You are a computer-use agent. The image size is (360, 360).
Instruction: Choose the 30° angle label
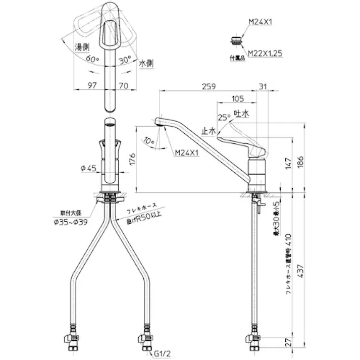[x=125, y=59]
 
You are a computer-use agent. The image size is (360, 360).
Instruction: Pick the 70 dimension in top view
[x=124, y=86]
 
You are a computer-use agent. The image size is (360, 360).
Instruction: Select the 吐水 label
[x=242, y=115]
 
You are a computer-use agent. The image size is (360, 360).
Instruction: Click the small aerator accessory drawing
[x=235, y=38]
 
